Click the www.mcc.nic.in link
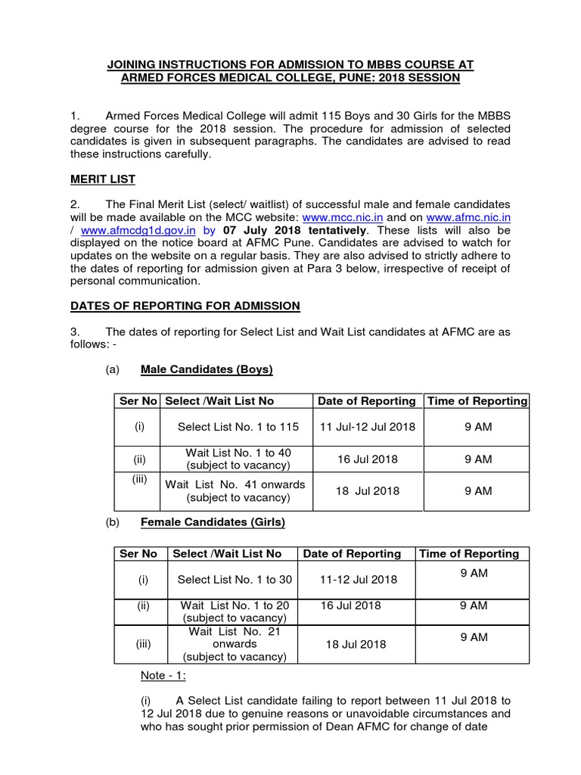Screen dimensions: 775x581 point(334,217)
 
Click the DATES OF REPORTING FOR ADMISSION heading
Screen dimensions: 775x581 point(185,306)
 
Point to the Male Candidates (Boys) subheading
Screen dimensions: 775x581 point(207,369)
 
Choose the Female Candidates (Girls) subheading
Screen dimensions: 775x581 point(213,522)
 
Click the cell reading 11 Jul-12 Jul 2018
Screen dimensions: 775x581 point(368,427)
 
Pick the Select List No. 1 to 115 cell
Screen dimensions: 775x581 point(238,427)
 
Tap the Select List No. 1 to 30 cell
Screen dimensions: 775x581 point(235,580)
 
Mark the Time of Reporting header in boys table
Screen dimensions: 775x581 point(477,401)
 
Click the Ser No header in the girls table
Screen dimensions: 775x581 point(138,554)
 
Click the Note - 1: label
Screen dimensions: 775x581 point(163,675)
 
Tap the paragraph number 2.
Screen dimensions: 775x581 point(74,204)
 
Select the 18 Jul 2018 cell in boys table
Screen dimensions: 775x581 point(368,490)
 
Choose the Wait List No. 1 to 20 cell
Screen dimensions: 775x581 point(235,612)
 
